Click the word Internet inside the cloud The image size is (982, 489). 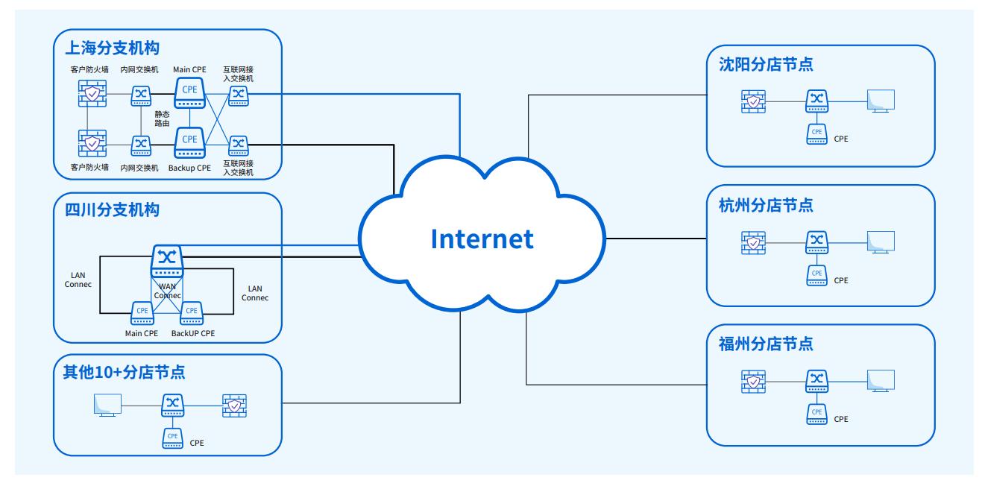point(482,239)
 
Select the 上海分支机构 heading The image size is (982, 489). point(113,48)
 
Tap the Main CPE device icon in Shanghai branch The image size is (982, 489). point(189,93)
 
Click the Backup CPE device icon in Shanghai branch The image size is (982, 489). point(189,142)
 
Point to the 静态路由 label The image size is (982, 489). point(162,119)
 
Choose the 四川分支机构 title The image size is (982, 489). point(113,210)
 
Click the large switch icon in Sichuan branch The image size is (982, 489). point(167,261)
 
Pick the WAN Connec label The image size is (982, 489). point(167,291)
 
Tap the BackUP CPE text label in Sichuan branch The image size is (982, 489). point(193,333)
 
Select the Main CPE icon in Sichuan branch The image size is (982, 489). point(142,313)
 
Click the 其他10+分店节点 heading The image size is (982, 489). point(124,372)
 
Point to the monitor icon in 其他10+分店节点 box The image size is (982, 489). point(107,406)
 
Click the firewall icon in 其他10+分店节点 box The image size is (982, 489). point(235,406)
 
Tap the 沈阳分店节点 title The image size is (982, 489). point(766,64)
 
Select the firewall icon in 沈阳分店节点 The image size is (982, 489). point(753,101)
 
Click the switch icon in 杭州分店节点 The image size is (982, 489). point(816,242)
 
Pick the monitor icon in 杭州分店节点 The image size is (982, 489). point(881,242)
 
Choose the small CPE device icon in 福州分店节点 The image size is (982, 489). point(816,414)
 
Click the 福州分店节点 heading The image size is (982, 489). point(766,344)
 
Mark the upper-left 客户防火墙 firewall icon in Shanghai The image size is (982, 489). point(92,93)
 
